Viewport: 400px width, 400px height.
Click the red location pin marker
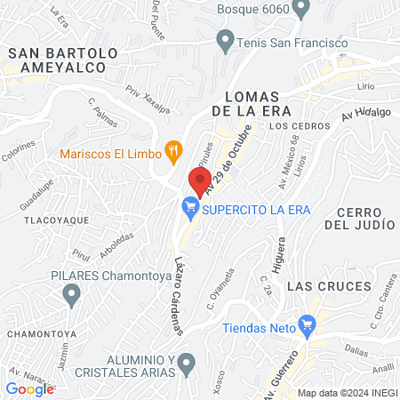[196, 178]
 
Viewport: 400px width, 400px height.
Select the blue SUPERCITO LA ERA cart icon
[189, 210]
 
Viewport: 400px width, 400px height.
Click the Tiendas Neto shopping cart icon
[308, 326]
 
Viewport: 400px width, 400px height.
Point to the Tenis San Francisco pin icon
[226, 41]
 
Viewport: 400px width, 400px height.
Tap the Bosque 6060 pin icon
[300, 8]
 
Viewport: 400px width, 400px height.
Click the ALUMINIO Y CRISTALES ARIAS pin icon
[186, 363]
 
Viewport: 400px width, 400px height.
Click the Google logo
[29, 388]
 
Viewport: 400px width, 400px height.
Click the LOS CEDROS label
[292, 126]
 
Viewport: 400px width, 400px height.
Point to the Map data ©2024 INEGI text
[346, 393]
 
